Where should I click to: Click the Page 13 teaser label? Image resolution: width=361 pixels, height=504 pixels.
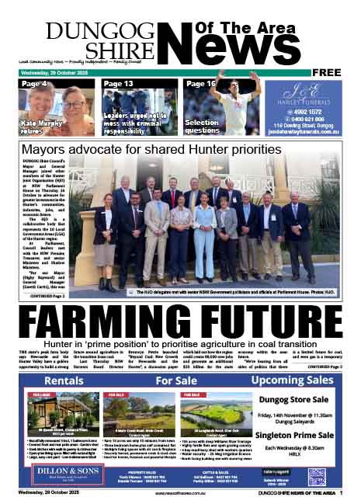pyautogui.click(x=118, y=83)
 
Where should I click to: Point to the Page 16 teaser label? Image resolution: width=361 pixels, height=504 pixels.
pyautogui.click(x=200, y=83)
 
